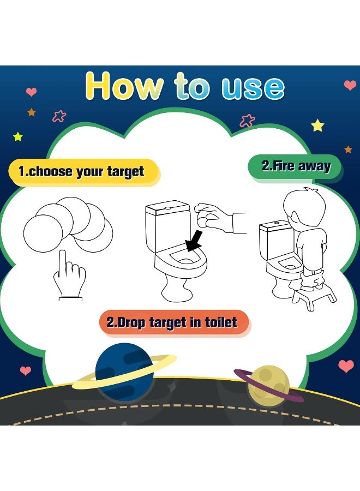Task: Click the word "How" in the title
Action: tap(124, 86)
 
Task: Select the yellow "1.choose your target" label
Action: tap(81, 172)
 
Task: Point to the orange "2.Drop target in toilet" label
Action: tap(172, 322)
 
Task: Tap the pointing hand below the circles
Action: tap(69, 276)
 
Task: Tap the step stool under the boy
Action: tap(314, 298)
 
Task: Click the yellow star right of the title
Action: tap(317, 126)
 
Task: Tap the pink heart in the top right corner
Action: tap(350, 86)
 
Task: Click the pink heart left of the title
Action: tap(32, 92)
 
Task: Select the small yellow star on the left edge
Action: tap(18, 136)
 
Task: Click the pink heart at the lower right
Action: tap(346, 366)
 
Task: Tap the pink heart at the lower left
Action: tap(26, 371)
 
